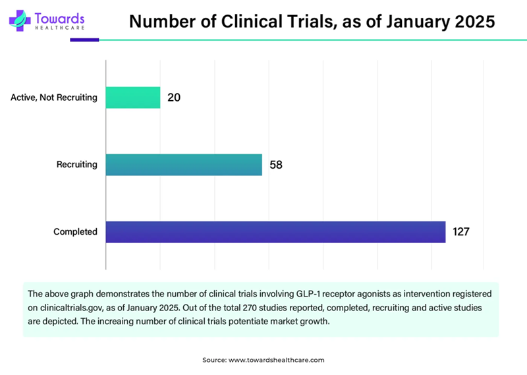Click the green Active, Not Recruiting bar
click(132, 98)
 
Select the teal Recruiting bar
click(184, 165)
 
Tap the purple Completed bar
click(275, 232)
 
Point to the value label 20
click(174, 98)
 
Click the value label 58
click(276, 165)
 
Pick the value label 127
click(460, 232)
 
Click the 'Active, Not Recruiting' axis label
click(54, 98)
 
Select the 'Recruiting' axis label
click(77, 165)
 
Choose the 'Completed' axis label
click(75, 232)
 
